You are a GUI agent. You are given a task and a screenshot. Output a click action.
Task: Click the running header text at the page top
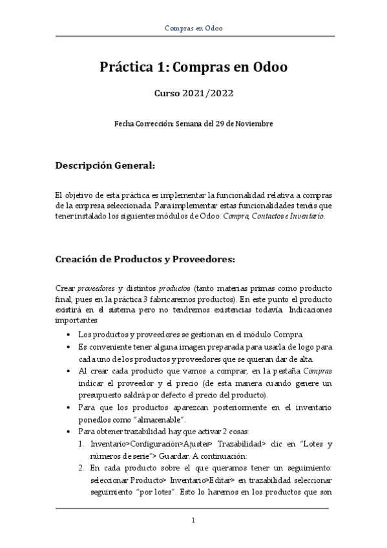pyautogui.click(x=194, y=29)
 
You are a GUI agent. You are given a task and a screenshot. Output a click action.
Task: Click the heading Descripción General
pyautogui.click(x=105, y=165)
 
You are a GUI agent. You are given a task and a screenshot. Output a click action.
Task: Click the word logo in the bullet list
pyautogui.click(x=304, y=347)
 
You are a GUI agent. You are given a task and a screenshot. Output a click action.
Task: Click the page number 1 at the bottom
pyautogui.click(x=193, y=520)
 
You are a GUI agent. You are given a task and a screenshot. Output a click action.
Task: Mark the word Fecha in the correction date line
pyautogui.click(x=124, y=123)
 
